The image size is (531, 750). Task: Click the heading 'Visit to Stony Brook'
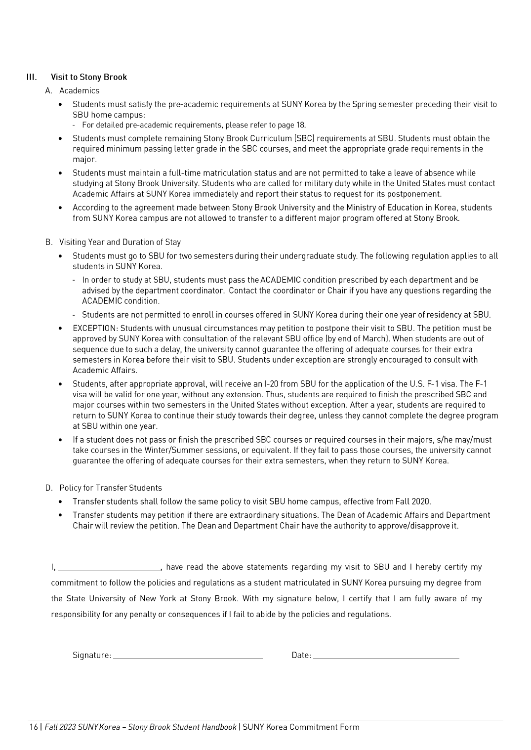[x=89, y=77]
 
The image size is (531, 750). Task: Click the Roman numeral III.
[x=32, y=77]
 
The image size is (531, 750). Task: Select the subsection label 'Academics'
[x=79, y=91]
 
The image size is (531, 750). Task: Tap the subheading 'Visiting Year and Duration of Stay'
[x=120, y=242]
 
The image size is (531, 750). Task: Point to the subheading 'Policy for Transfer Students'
[x=111, y=488]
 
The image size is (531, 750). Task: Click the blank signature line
[x=188, y=657]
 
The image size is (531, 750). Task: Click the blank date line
[x=386, y=657]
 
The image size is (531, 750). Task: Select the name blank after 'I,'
[x=109, y=569]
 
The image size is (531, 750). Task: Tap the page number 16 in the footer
[x=34, y=727]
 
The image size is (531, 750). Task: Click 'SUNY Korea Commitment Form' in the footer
[x=301, y=727]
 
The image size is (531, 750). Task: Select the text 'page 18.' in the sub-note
[x=291, y=125]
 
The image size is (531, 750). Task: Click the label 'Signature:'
[x=92, y=656]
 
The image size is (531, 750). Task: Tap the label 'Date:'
[x=301, y=656]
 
